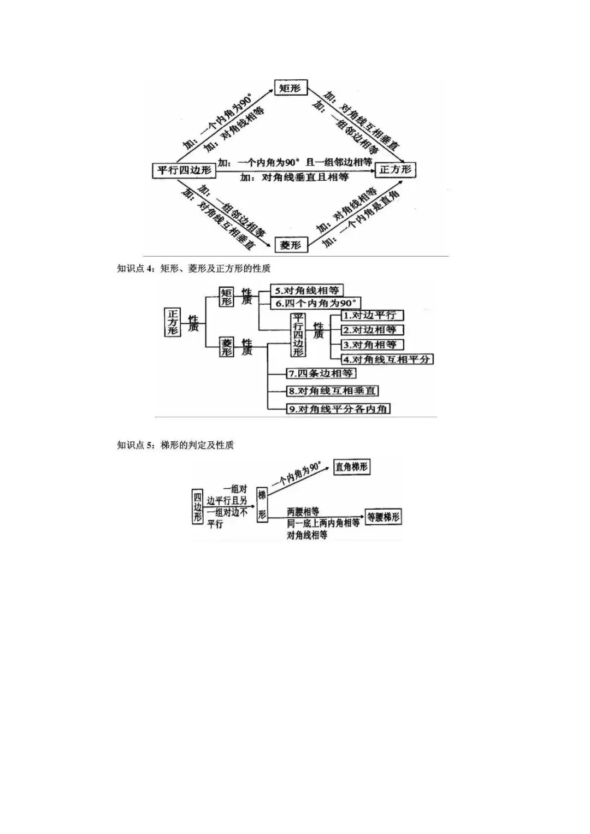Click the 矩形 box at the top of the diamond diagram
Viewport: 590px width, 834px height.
291,88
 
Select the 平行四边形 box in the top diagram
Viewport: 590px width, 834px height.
185,170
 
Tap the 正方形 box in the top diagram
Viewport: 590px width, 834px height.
395,170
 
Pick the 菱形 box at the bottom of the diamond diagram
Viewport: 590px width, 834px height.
291,245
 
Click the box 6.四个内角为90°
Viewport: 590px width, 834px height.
316,303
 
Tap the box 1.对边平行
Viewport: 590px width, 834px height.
372,316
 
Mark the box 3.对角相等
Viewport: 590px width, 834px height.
373,345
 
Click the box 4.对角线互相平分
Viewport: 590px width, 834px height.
387,359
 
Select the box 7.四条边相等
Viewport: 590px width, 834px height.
320,374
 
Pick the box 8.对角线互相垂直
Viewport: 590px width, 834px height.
332,391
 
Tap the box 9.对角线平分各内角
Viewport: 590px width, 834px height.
338,409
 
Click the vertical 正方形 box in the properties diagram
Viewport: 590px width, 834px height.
173,322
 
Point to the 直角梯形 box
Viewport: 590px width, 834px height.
351,467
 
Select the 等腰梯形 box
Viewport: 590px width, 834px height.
383,517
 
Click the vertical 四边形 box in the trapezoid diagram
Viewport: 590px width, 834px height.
197,506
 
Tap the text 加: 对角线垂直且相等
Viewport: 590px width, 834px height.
294,177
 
